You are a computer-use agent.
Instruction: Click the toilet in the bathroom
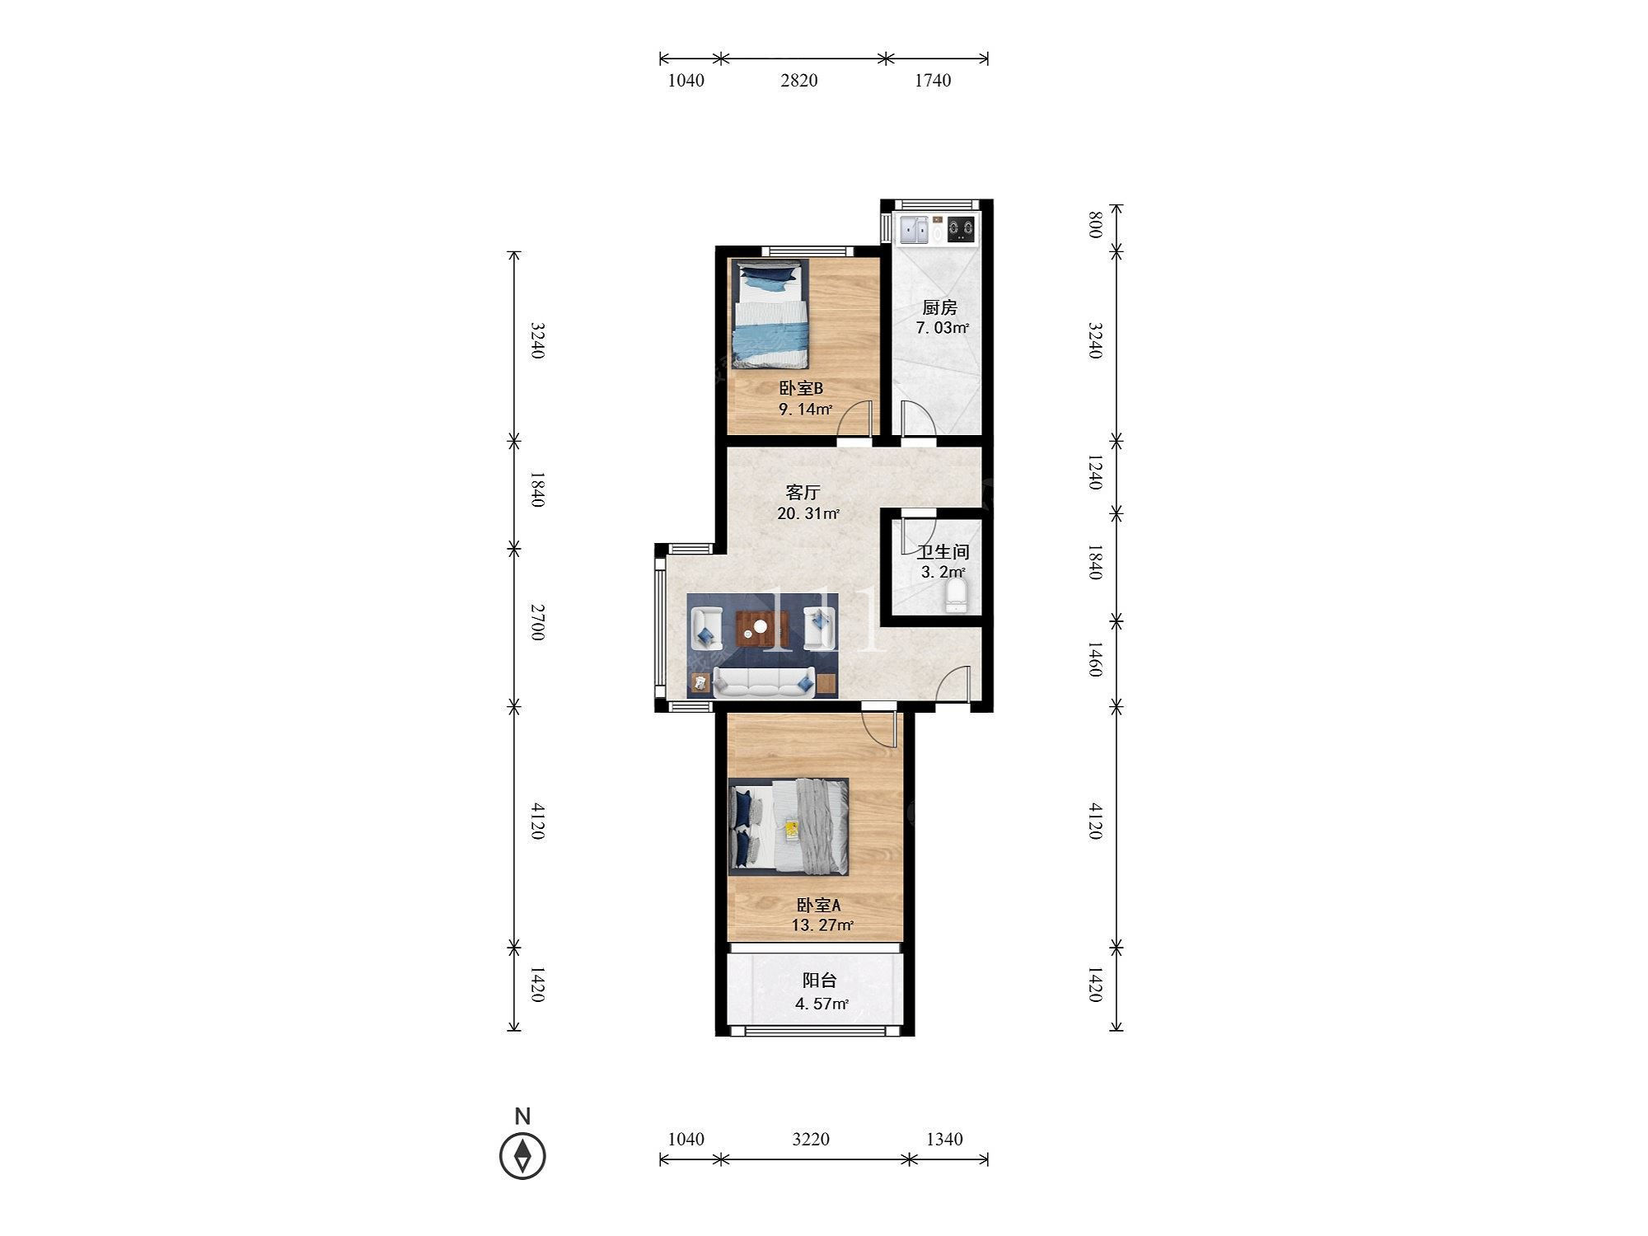956,596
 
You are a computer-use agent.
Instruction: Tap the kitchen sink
914,230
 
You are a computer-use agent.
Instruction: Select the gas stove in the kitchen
961,230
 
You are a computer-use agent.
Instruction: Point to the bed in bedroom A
789,826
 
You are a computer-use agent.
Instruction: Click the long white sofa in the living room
764,682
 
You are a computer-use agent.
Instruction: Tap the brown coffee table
762,630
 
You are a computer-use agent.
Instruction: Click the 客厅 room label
803,493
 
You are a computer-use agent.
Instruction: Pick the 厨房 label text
939,308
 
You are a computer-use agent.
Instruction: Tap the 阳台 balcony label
820,981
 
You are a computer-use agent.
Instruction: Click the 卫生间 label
943,552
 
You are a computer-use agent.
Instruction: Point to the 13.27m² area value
822,925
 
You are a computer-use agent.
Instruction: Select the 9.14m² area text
806,409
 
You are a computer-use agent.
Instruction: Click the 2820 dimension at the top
799,80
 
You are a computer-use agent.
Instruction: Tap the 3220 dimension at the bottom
811,1139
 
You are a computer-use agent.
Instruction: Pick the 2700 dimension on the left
537,622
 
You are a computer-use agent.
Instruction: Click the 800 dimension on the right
1094,225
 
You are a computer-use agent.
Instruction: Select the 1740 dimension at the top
933,80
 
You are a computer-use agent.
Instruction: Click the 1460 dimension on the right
1094,659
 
